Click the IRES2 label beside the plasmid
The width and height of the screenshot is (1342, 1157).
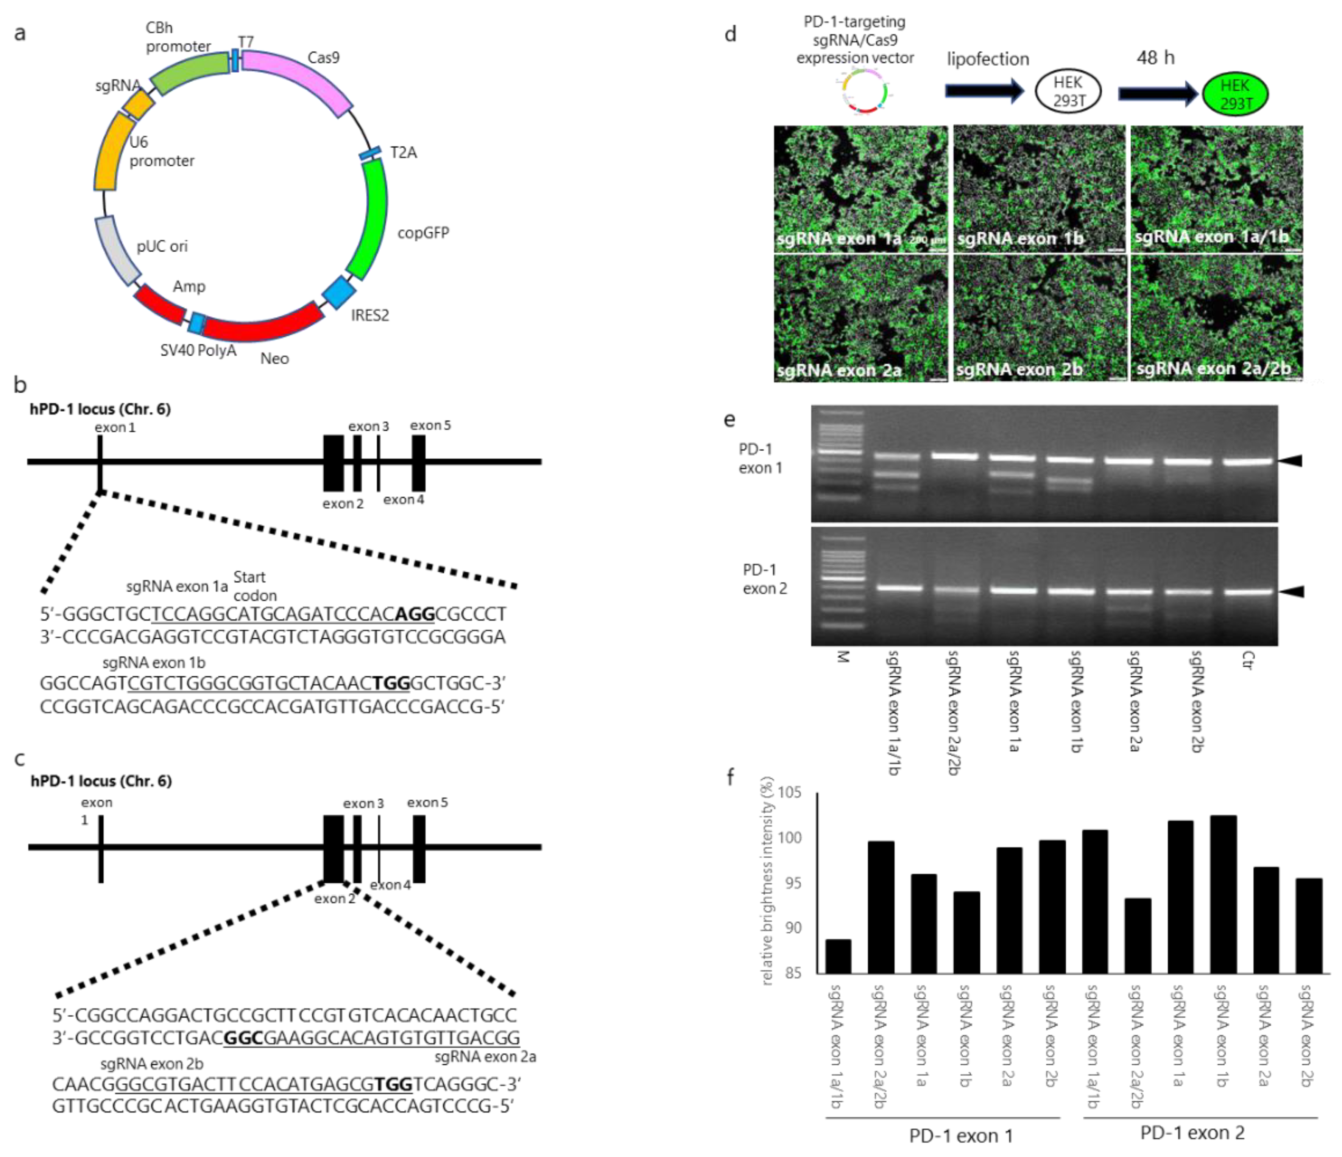pos(370,315)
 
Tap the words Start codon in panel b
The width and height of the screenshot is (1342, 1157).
pos(254,586)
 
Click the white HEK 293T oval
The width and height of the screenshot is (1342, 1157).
pos(1068,92)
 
